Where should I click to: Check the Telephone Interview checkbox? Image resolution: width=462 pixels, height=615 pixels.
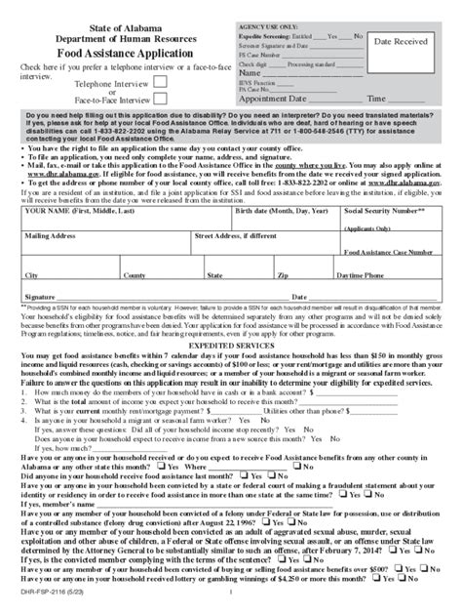161,84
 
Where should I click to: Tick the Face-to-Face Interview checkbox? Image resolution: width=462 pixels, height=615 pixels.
161,101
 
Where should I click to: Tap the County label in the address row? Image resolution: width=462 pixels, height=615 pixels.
134,276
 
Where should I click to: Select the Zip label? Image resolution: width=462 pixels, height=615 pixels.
283,276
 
